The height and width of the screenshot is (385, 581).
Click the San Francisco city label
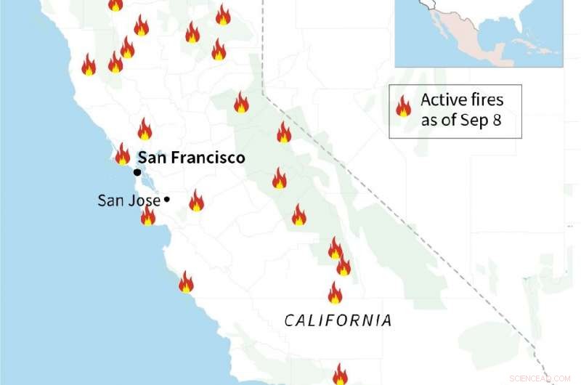(x=191, y=158)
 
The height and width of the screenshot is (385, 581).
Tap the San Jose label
(x=129, y=200)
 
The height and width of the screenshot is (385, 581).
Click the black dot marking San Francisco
(x=137, y=172)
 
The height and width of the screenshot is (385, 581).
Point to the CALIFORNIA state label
(x=338, y=320)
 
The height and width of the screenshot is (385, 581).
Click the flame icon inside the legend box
(x=403, y=108)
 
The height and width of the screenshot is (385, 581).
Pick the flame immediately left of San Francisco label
(x=123, y=154)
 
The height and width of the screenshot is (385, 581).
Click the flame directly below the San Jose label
(x=148, y=216)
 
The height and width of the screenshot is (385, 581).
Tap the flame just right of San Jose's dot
(x=196, y=200)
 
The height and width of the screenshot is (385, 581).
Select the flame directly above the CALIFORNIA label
(x=335, y=293)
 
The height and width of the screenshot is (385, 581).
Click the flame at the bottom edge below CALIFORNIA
(x=340, y=375)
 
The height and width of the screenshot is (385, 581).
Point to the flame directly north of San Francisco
(x=145, y=129)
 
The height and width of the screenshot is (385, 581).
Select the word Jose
(x=145, y=200)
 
